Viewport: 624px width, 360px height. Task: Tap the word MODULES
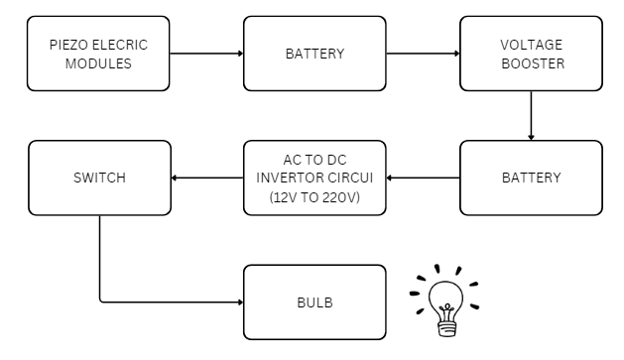98,61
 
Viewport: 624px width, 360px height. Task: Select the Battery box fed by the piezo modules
314,54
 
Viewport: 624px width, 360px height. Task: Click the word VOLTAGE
531,45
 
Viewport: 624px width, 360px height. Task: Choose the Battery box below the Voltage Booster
531,178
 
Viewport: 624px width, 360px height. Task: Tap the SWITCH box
98,178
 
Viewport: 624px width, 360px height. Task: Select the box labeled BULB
314,302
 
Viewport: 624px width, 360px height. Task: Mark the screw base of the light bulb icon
446,323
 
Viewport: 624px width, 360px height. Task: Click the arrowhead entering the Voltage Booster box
455,54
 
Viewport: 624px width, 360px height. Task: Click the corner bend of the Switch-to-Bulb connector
100,302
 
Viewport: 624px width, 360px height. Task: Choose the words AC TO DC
314,161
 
